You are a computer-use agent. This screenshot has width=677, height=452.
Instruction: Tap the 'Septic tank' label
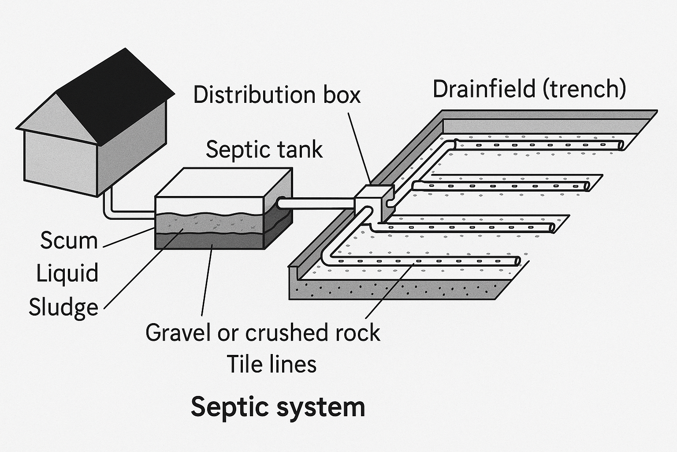[x=264, y=149]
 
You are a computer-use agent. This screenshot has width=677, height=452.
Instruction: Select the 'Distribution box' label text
[x=277, y=95]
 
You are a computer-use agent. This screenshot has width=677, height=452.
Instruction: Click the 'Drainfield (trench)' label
[x=529, y=89]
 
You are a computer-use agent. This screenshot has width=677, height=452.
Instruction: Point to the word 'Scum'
[x=69, y=241]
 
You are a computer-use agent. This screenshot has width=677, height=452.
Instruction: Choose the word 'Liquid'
[x=67, y=273]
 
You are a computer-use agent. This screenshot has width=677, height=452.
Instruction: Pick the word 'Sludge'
[x=63, y=307]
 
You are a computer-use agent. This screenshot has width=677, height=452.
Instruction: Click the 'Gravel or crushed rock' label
[x=263, y=332]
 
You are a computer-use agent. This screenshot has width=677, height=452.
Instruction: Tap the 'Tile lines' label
[x=272, y=365]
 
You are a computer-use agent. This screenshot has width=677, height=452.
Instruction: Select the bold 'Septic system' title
[x=278, y=407]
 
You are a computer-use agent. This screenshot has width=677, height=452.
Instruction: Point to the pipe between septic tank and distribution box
[x=317, y=203]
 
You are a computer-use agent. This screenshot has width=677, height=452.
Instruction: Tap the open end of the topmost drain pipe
[x=621, y=145]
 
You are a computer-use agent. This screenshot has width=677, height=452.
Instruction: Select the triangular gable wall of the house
[x=57, y=119]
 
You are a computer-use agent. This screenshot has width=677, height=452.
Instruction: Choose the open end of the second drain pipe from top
[x=586, y=186]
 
